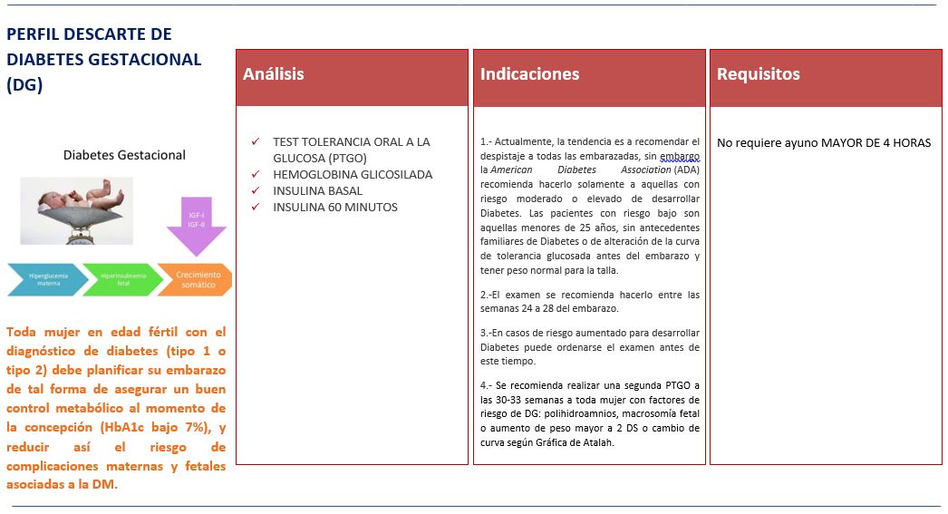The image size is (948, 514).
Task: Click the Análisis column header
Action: pos(274,74)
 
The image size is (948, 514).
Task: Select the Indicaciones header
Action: pos(529,74)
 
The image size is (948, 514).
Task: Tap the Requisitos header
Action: pos(758,74)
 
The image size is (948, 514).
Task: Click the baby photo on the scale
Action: pos(76,210)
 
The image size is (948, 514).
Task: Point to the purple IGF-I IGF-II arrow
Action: pos(196,226)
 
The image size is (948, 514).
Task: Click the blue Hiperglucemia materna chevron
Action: pos(47,279)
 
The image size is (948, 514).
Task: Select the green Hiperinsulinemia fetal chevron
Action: pos(121,279)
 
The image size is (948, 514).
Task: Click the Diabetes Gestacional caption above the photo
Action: pos(124,155)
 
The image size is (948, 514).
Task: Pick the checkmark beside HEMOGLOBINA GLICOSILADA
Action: pos(256,175)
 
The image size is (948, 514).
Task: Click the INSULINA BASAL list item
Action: pos(317,191)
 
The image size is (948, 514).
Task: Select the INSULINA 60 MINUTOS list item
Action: pos(334,208)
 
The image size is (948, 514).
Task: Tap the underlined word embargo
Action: pos(680,155)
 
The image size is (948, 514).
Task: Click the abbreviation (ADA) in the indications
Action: pos(687,170)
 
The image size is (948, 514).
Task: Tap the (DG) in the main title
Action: pos(24,84)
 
